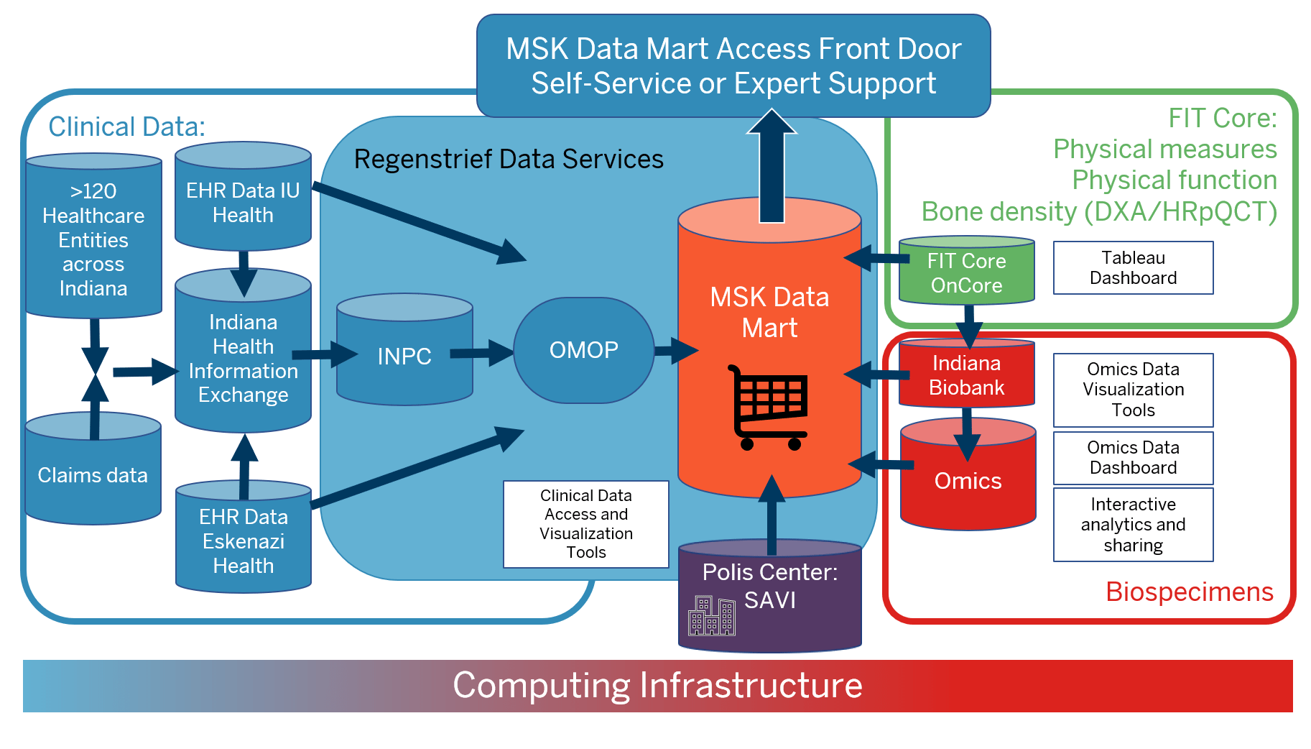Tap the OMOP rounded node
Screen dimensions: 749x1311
(x=583, y=350)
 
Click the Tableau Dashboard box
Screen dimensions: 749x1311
(x=1133, y=268)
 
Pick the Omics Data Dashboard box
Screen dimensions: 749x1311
(x=1133, y=458)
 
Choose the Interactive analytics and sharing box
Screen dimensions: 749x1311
(x=1133, y=525)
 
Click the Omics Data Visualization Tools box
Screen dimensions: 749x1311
(x=1133, y=390)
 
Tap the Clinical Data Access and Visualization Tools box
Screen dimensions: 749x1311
(x=585, y=524)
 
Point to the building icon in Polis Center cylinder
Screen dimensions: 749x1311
(x=711, y=616)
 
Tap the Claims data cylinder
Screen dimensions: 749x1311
(x=93, y=474)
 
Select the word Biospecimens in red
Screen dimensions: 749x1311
(x=1189, y=592)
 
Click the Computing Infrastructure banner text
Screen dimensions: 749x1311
(x=657, y=685)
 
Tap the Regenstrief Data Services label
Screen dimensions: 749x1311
(x=509, y=159)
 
